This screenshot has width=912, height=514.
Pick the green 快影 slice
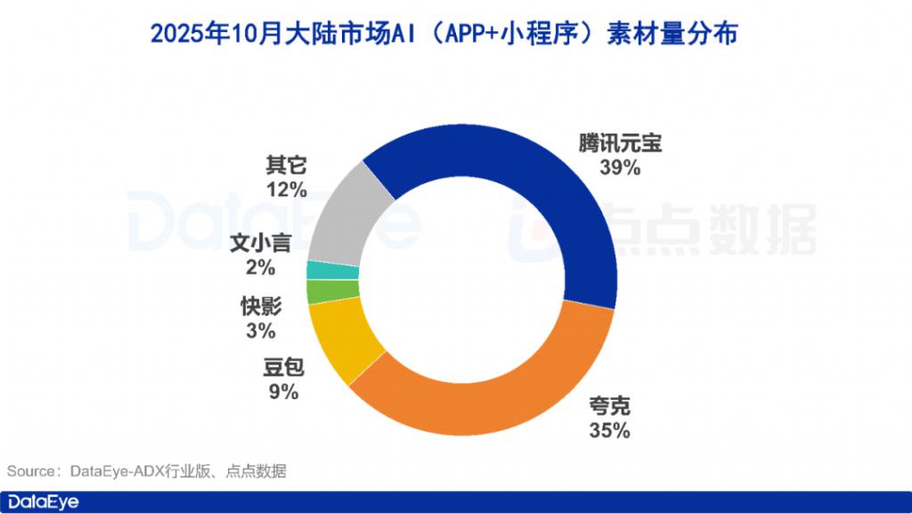point(320,291)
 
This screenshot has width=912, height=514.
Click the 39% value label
point(621,167)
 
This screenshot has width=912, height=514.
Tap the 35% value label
point(610,430)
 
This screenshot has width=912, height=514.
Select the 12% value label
point(286,189)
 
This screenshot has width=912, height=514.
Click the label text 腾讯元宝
point(621,143)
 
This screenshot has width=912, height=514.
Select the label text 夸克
point(610,407)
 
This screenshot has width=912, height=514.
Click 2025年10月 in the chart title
point(207,33)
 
